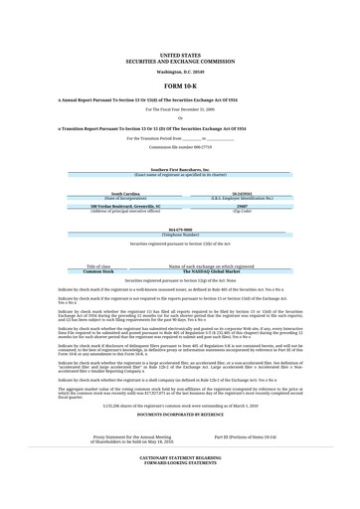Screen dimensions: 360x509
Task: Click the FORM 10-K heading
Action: tap(180, 87)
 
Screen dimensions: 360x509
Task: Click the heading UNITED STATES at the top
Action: tap(180, 56)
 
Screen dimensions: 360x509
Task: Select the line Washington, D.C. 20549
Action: tap(180, 72)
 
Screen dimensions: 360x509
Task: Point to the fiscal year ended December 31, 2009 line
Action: tap(180, 109)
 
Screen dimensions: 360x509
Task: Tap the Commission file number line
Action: tap(180, 147)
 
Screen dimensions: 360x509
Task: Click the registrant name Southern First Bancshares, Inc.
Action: tap(180, 170)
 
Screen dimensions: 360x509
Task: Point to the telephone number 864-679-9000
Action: tap(180, 230)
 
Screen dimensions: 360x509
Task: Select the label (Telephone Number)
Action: tap(180, 235)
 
